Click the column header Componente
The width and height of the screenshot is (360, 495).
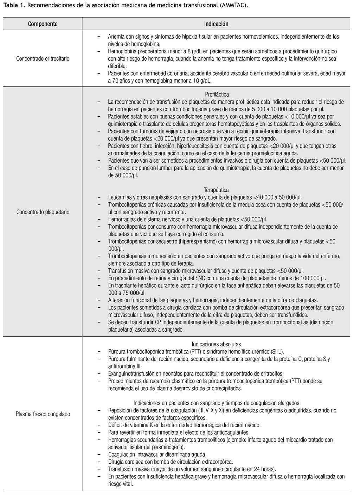click(x=43, y=24)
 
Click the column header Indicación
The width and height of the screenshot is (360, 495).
click(x=216, y=24)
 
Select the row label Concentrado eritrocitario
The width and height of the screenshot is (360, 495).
click(x=43, y=58)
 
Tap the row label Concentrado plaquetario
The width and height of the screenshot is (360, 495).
click(x=43, y=212)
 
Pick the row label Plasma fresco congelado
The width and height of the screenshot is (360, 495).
click(x=43, y=414)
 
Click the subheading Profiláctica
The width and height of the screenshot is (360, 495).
click(x=217, y=94)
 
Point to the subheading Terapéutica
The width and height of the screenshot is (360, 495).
click(x=216, y=190)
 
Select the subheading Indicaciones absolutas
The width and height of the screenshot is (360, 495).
click(x=216, y=344)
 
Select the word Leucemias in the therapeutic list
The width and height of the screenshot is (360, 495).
click(x=120, y=197)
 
